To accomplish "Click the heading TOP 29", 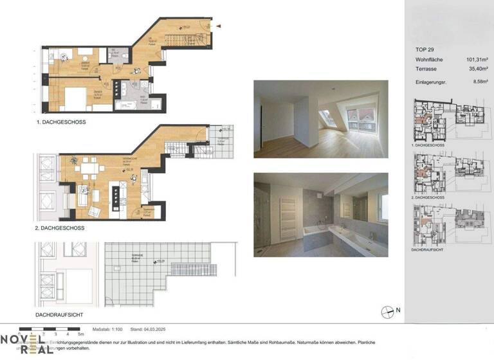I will click(423, 50).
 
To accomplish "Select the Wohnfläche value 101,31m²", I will click(477, 59).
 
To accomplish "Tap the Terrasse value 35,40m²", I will click(477, 68).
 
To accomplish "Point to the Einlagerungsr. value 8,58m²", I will click(479, 82).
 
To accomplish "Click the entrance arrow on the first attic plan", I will click(219, 26).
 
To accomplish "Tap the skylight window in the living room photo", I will click(328, 117).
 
